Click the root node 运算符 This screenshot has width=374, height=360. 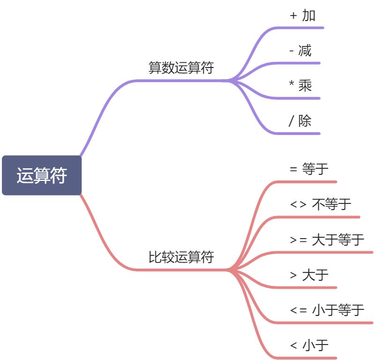pos(42,175)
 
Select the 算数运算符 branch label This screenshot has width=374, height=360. pos(181,68)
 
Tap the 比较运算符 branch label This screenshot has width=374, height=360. pos(181,257)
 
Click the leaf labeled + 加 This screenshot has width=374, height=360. pos(303,15)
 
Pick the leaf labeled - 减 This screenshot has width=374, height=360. pos(300,51)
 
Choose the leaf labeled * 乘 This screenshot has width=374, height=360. pos(300,86)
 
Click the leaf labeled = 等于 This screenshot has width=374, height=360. pos(309,169)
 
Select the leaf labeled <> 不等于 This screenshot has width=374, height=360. pos(321,204)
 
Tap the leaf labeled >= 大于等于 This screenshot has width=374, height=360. pos(327,240)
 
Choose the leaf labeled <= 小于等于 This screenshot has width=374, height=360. pos(327,310)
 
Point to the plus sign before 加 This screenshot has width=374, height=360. pos(294,15)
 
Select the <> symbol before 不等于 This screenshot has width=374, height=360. pos(299,204)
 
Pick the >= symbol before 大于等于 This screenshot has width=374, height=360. pos(299,240)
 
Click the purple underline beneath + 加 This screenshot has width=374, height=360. pos(305,28)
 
